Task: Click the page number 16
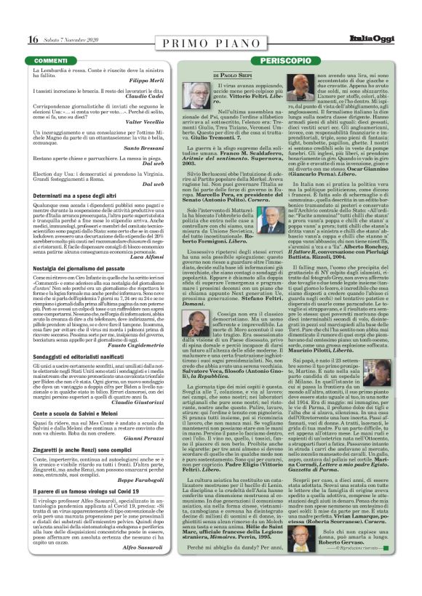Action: coord(33,39)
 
